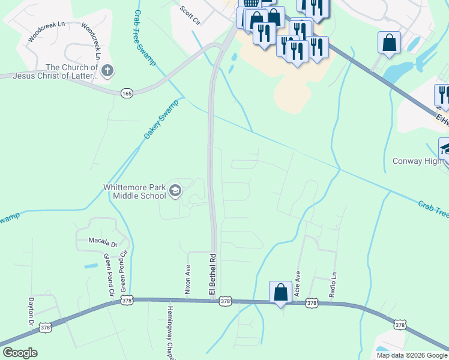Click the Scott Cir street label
point(190,15)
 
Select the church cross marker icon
point(107,71)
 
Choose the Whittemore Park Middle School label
point(134,191)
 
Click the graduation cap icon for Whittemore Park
point(175,191)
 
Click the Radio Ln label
point(333,284)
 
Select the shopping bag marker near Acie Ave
point(280,293)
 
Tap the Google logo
point(19,353)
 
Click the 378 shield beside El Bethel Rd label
point(225,300)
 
